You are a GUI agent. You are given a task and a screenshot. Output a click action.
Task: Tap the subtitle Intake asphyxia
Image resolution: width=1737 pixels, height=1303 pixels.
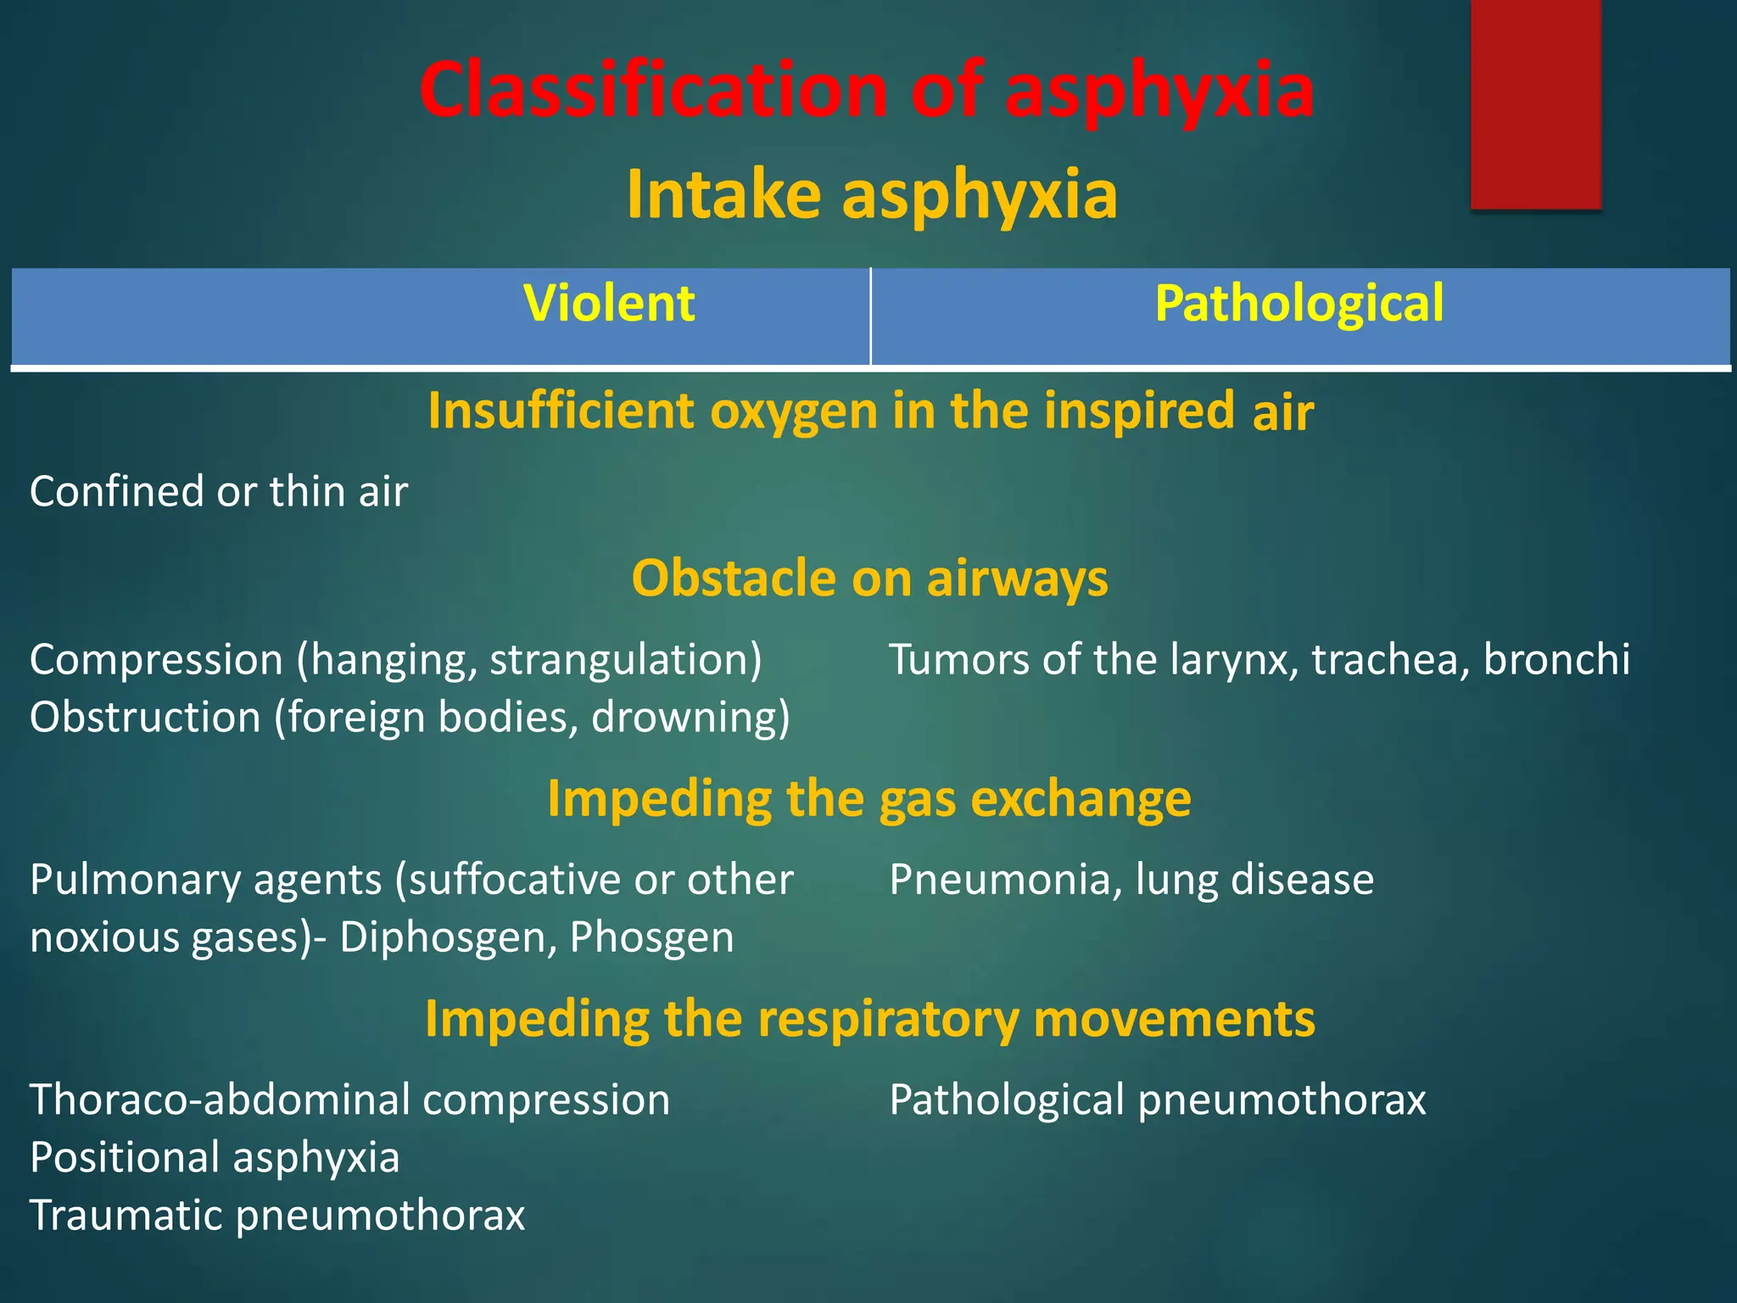tap(872, 195)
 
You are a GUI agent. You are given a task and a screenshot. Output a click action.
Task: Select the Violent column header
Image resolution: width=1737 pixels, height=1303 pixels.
tap(609, 304)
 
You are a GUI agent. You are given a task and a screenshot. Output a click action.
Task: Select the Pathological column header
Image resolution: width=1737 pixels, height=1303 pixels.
tap(1299, 304)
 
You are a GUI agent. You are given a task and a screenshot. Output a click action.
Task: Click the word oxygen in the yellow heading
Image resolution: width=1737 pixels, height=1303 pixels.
tap(793, 411)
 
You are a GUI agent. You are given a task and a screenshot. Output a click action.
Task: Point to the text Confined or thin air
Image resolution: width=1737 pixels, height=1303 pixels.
tap(219, 492)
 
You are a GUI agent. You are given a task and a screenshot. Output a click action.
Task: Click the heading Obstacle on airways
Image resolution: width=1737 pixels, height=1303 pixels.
tap(869, 579)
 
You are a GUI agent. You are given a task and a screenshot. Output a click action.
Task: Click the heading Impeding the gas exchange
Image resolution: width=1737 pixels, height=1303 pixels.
tap(869, 798)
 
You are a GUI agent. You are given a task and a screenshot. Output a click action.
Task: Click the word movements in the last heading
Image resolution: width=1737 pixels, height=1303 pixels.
tap(1175, 1019)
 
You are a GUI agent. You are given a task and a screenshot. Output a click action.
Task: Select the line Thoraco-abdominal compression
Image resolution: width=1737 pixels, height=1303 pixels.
tap(349, 1100)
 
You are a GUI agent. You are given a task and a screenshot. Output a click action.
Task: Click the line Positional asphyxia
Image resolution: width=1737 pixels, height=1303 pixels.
tap(215, 1158)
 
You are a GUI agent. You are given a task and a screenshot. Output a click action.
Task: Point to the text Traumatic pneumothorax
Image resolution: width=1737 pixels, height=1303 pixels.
tap(277, 1216)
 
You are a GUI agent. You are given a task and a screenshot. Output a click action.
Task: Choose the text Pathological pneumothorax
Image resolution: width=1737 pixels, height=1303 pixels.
tap(1158, 1100)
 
